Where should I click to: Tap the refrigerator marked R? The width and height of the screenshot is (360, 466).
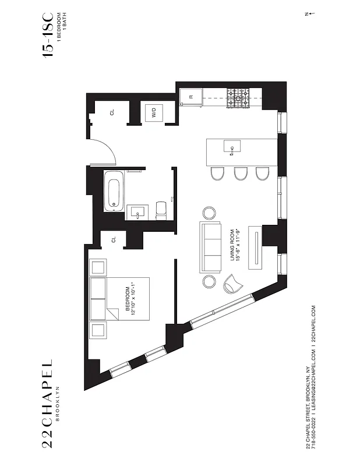point(190,98)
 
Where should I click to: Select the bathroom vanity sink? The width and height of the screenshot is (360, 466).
point(138,212)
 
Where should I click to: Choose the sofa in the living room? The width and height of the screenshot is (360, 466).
point(209,248)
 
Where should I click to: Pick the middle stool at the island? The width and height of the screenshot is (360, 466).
point(238,174)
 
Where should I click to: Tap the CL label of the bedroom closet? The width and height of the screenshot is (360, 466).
point(114,238)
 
